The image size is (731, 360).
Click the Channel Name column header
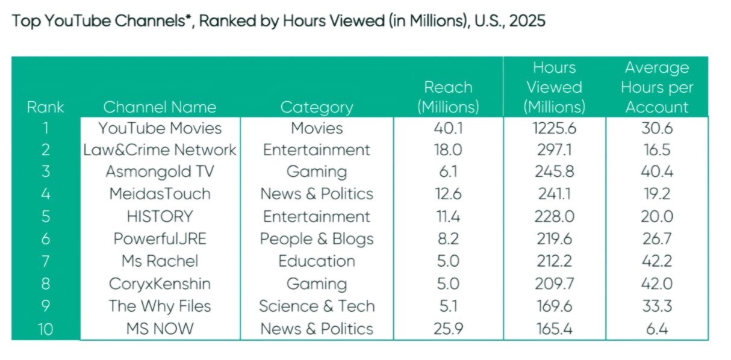[160, 107]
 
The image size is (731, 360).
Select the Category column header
[317, 108]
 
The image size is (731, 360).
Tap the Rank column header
[45, 107]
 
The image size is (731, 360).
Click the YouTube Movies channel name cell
[160, 128]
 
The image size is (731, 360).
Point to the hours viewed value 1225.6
[554, 128]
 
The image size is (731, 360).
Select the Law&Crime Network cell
[160, 150]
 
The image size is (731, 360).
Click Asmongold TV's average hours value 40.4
[657, 172]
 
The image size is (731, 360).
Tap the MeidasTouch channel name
[160, 194]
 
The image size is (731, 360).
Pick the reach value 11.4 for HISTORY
[449, 216]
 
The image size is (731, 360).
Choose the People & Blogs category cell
[317, 239]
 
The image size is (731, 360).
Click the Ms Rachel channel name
[160, 261]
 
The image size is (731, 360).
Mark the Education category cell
[317, 261]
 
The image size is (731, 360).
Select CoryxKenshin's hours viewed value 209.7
[554, 284]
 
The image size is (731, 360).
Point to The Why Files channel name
[160, 306]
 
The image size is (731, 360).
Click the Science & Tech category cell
[317, 306]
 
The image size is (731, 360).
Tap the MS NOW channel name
[160, 329]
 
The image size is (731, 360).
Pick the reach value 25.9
[449, 329]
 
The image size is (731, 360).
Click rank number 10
[45, 329]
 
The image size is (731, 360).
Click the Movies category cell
[317, 128]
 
